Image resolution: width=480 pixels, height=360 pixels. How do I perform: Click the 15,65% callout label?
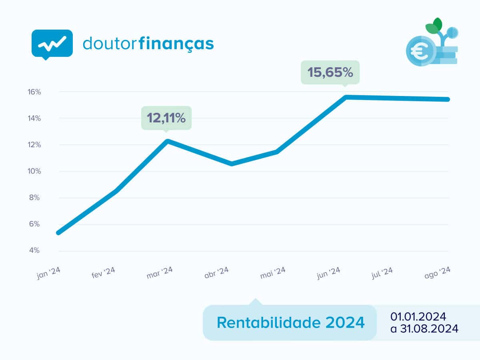point(330,72)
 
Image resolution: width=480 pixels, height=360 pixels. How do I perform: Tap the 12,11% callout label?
point(166,118)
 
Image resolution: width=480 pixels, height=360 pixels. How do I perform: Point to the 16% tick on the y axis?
point(34,92)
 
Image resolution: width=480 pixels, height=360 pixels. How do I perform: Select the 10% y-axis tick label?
point(34,171)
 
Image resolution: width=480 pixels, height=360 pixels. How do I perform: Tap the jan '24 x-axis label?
point(48,274)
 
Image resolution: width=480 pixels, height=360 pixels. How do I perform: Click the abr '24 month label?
point(216,273)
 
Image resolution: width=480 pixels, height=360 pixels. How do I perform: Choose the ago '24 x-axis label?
point(438,273)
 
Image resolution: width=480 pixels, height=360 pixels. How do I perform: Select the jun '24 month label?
point(328,273)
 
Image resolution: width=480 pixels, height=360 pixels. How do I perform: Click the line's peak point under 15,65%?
point(345,97)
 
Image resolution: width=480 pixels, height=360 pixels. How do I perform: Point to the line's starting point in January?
point(59,232)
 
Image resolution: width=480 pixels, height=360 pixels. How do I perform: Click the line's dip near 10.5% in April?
point(232,164)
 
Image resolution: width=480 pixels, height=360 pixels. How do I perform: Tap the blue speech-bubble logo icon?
point(52,44)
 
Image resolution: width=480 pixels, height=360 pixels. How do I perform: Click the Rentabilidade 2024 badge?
point(290,322)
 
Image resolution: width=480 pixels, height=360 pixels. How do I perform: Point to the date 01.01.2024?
point(418,316)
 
